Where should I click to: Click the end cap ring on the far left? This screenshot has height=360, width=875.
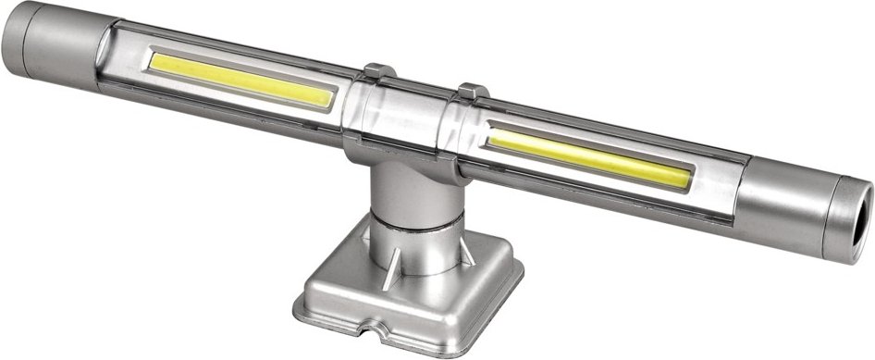(20, 43)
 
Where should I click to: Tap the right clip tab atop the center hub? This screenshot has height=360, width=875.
(473, 92)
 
